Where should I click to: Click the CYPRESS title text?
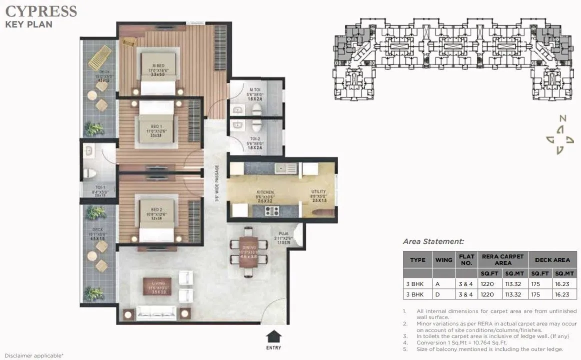pos(41,11)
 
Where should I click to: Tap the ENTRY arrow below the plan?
pos(273,336)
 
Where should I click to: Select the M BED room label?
pos(158,65)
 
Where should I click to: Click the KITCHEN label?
pos(265,191)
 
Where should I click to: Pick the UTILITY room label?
pos(318,191)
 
